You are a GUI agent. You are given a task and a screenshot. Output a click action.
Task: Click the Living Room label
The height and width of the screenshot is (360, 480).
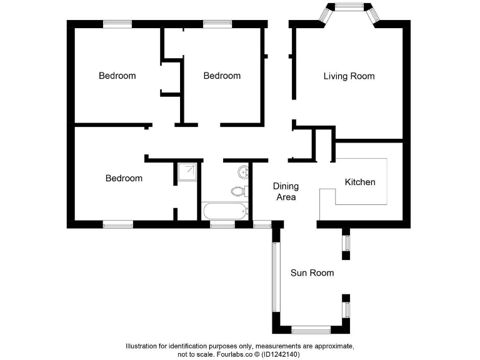point(349,76)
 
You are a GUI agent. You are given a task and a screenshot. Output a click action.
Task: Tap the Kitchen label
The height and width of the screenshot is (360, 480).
point(360,182)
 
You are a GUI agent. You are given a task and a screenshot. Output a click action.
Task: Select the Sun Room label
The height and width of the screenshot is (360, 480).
point(312,272)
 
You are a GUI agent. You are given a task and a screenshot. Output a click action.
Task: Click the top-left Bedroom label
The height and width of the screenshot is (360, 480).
point(117,76)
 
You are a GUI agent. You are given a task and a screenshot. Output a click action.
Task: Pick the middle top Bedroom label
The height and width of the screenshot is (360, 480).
point(222,76)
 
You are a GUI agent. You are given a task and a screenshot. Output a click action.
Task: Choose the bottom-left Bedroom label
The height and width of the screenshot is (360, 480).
point(124,178)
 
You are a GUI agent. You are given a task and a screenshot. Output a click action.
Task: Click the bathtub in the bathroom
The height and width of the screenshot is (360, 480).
point(224,211)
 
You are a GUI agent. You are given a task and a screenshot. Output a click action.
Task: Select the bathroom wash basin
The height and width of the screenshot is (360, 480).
point(243,172)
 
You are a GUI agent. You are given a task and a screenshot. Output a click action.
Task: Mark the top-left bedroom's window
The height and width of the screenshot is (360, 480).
point(117,24)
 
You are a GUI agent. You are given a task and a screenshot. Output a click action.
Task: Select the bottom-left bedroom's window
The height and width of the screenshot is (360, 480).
point(117,224)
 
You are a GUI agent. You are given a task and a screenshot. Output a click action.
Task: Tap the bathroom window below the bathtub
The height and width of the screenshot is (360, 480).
point(222,224)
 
